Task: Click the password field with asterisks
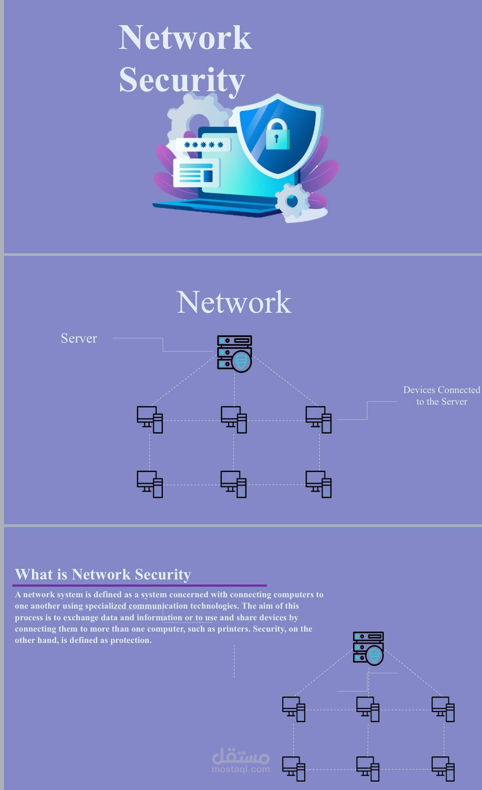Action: point(203,145)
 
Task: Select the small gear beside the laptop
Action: point(292,201)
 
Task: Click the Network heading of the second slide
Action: point(234,302)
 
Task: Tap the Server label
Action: point(79,338)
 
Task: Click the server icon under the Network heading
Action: point(234,354)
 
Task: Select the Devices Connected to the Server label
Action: point(441,396)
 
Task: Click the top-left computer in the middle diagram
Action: point(150,420)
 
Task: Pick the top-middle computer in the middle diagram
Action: point(234,420)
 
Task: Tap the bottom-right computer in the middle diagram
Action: point(318,484)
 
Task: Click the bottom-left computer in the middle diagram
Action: point(150,484)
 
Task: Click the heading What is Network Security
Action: point(103,574)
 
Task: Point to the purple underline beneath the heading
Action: point(139,585)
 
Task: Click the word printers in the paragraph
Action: point(234,629)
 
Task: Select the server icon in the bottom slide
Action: point(368,648)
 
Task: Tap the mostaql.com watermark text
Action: point(241,769)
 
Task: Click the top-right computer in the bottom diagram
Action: point(443,709)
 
